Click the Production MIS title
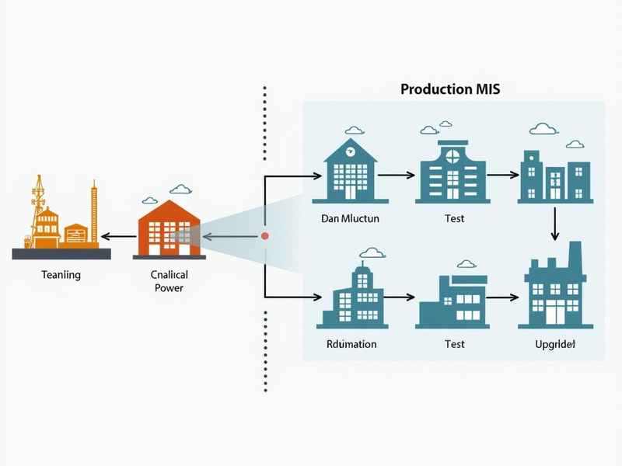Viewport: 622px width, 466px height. point(450,89)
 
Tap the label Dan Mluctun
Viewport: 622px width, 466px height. point(350,218)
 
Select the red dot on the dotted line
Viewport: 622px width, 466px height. point(265,235)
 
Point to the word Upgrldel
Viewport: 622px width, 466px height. point(554,343)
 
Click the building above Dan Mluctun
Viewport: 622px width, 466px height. point(349,171)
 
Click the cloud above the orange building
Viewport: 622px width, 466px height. point(180,188)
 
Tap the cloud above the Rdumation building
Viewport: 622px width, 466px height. point(372,252)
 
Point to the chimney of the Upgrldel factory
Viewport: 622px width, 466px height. point(575,254)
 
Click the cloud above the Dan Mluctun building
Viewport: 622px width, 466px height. point(354,130)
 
